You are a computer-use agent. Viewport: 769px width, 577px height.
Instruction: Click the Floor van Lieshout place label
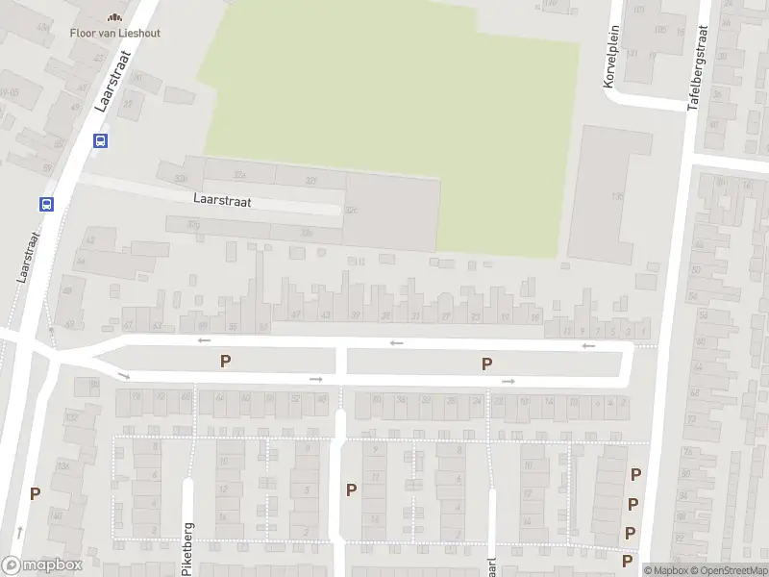[114, 33]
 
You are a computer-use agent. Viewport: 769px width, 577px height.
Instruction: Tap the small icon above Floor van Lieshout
[114, 16]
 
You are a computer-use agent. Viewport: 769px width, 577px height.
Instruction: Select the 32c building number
[352, 210]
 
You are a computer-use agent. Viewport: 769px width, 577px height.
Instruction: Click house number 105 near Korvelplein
[659, 30]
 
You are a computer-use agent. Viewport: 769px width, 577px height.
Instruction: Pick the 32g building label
[194, 225]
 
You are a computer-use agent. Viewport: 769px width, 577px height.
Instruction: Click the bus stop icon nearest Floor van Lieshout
[100, 140]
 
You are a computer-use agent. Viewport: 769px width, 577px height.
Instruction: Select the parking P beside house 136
[35, 493]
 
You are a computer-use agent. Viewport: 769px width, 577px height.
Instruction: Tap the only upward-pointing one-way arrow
[18, 530]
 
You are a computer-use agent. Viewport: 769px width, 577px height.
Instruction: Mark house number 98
[93, 384]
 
